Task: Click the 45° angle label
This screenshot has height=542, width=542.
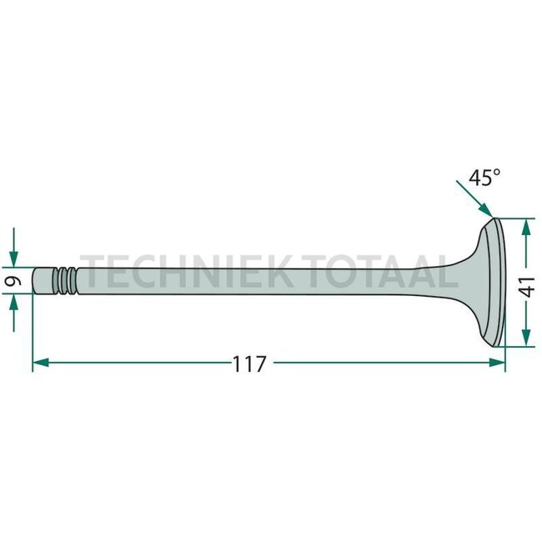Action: pos(484,178)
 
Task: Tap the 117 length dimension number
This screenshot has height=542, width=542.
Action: pos(249,364)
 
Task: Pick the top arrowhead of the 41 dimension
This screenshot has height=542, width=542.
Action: pos(526,225)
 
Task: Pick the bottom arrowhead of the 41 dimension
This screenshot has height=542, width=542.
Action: pos(526,339)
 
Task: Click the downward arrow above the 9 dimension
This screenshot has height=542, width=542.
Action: pos(14,254)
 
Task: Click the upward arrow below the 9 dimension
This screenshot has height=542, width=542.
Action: pos(14,309)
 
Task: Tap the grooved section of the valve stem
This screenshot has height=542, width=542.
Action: pos(65,280)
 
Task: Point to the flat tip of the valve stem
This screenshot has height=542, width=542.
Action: pos(35,280)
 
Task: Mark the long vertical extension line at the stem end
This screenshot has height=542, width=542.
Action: pos(32,334)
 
